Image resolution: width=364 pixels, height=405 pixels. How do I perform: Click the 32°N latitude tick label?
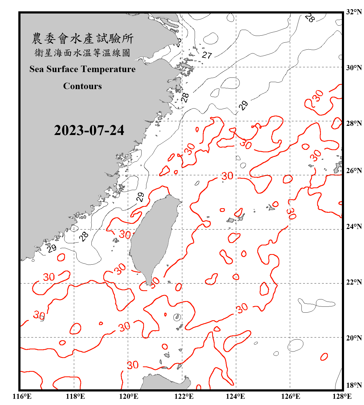(x=354, y=12)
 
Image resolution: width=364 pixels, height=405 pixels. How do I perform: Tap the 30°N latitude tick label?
(x=354, y=68)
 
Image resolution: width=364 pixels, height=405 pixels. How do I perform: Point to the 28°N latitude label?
(x=354, y=123)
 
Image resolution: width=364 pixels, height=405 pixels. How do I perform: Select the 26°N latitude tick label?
(x=354, y=171)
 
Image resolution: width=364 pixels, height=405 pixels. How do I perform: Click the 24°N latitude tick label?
(x=354, y=226)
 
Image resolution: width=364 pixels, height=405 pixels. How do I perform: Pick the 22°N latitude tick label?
(x=354, y=282)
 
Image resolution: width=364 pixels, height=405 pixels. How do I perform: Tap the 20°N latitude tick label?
(x=354, y=338)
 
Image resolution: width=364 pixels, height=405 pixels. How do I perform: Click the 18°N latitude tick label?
(x=354, y=385)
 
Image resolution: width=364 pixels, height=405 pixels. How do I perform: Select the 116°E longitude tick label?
(x=22, y=396)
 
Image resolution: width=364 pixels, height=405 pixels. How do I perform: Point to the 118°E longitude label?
(x=75, y=396)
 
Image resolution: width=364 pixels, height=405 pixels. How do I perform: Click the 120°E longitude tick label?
(x=129, y=396)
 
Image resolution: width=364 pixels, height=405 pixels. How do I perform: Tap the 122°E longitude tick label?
(x=184, y=396)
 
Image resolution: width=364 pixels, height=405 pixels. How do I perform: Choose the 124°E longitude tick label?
(x=235, y=396)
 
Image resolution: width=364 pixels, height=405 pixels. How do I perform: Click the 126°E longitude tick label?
(x=291, y=396)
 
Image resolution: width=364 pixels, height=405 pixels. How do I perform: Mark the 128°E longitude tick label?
(x=342, y=396)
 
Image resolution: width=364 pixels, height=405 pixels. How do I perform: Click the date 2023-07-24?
(x=89, y=130)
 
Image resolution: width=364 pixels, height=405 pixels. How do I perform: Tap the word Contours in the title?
(x=83, y=86)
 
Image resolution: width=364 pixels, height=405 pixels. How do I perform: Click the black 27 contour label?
(x=207, y=55)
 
